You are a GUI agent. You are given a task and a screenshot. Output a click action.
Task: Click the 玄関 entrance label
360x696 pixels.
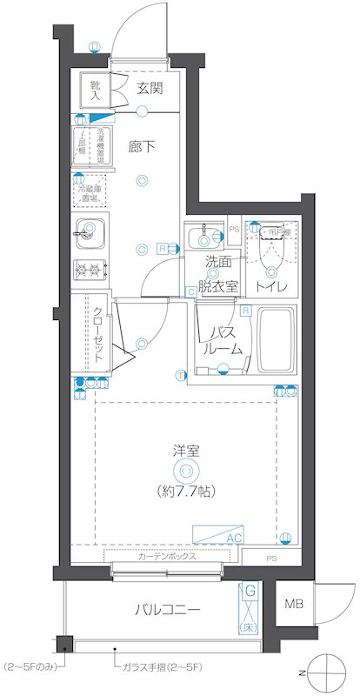151,88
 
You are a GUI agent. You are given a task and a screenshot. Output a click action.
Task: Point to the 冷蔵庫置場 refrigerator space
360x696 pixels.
90,191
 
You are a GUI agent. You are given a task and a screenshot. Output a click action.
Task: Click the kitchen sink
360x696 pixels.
90,234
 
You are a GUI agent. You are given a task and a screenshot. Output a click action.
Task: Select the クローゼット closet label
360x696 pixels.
98,335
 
